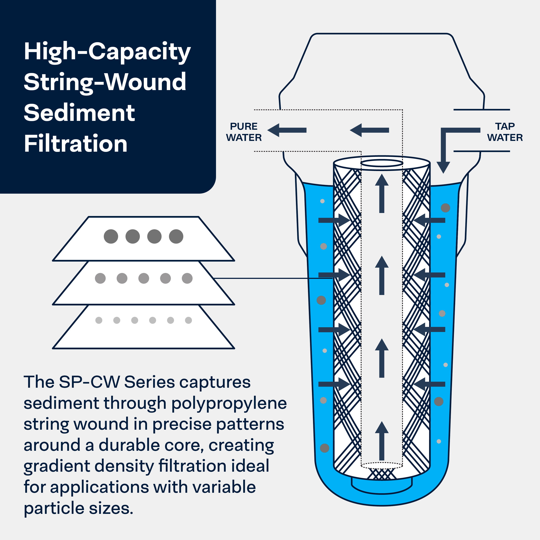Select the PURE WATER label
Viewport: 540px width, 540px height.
244,132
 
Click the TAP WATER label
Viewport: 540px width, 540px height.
505,132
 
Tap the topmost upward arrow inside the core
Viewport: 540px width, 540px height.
382,193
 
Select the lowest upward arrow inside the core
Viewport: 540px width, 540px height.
382,441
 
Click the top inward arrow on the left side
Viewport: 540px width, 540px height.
334,220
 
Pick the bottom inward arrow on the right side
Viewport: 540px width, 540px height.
429,384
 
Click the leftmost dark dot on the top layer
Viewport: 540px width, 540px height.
111,236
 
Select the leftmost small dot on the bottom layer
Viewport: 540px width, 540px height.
99,320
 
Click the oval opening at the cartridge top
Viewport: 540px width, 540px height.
382,163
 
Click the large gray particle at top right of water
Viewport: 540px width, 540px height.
445,208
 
